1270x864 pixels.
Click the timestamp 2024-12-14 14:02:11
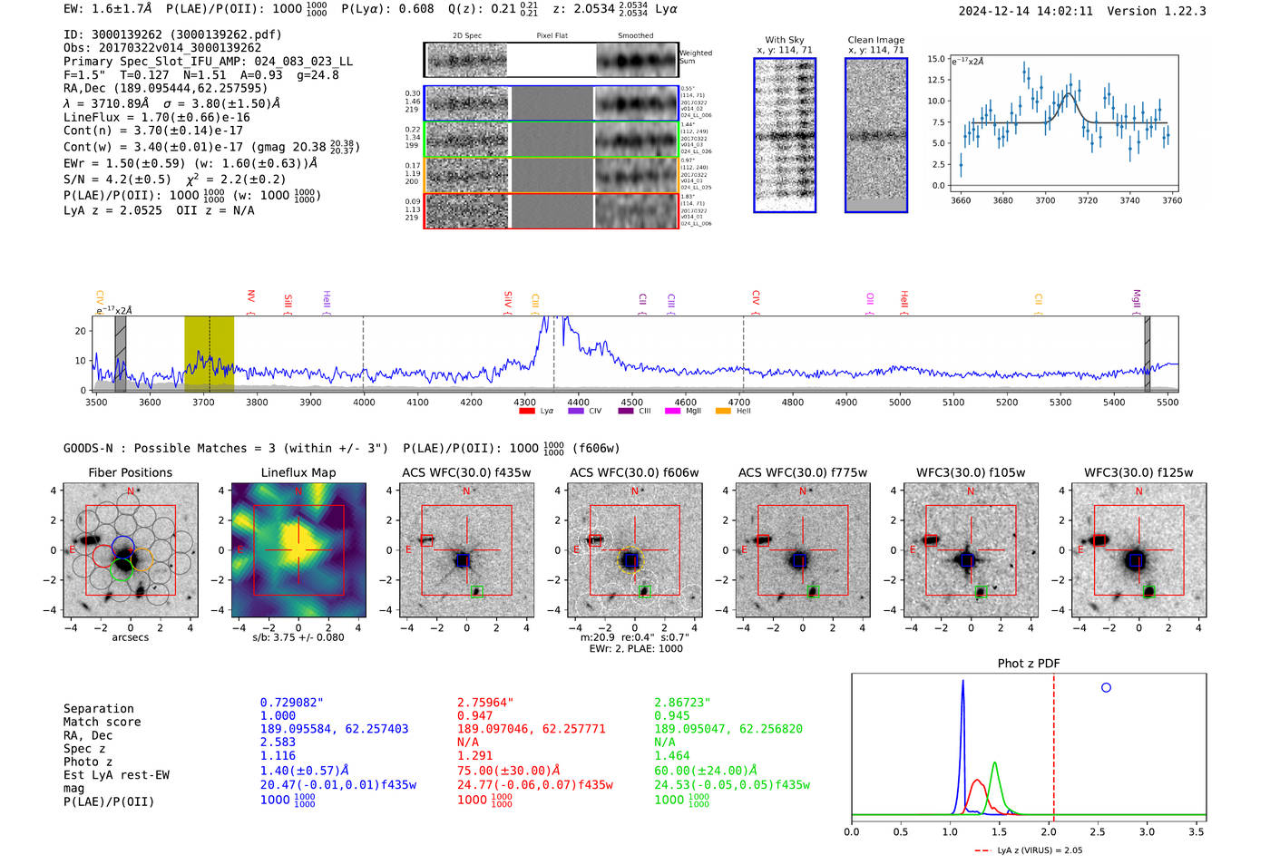tap(1025, 11)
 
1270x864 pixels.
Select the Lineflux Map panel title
tap(298, 472)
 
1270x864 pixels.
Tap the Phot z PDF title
tap(1028, 663)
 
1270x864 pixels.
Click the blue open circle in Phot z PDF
tap(1106, 687)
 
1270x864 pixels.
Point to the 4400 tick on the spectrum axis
tap(578, 403)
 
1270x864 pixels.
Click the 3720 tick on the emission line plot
tap(1088, 200)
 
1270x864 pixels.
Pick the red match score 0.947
tap(475, 715)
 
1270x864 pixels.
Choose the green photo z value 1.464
tap(671, 755)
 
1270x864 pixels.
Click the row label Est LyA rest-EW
tap(116, 775)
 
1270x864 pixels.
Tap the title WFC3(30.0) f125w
tap(1138, 472)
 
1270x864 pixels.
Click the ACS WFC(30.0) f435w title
tap(466, 472)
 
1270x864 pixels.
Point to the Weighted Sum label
tap(696, 57)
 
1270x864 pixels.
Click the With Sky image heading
tap(784, 40)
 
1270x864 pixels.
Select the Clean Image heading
tap(875, 40)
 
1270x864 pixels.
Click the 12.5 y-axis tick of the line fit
tap(934, 80)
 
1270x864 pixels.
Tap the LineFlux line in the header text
tap(156, 117)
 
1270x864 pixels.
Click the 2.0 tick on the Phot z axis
tap(1049, 831)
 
